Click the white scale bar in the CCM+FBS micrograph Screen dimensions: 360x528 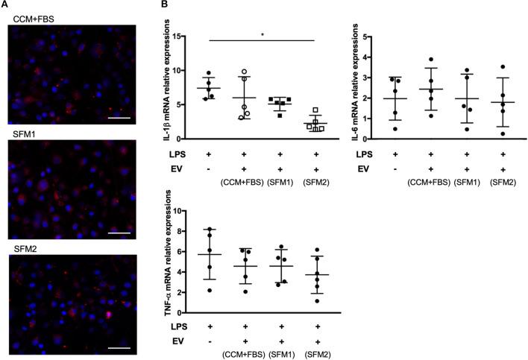click(122, 96)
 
